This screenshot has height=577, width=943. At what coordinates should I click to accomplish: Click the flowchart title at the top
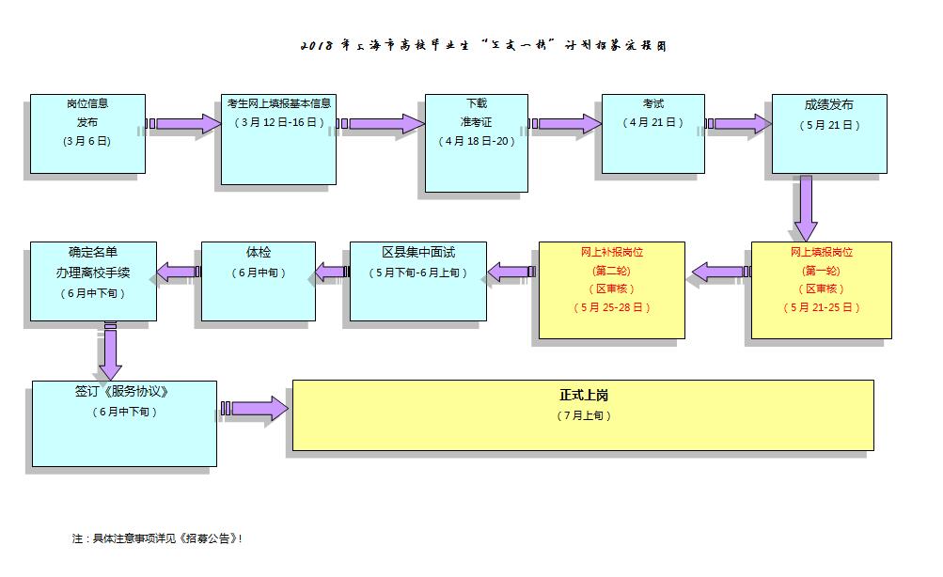[483, 46]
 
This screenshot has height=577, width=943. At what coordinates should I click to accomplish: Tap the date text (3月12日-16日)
[279, 122]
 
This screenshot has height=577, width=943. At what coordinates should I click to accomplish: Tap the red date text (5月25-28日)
[611, 307]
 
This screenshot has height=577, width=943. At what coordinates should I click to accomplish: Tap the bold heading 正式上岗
[583, 396]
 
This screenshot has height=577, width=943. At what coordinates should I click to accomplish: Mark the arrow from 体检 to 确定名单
[177, 273]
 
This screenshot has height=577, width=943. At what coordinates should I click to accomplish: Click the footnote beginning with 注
[157, 538]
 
